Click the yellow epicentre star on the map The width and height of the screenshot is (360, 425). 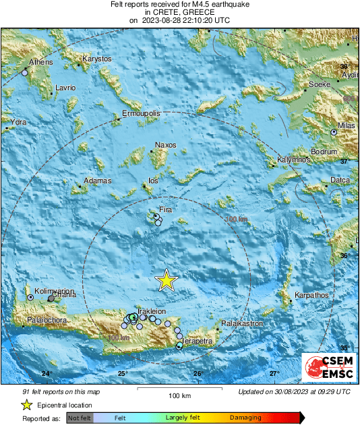[x=166, y=280]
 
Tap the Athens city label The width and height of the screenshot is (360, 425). [x=40, y=63]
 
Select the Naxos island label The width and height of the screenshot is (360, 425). [x=165, y=145]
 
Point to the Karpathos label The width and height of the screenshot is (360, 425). [x=311, y=295]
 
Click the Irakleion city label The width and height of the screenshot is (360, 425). [x=151, y=311]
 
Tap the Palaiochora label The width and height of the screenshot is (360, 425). [x=47, y=320]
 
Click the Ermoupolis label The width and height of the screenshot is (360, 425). [x=141, y=114]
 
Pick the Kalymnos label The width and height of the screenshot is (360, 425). [x=293, y=160]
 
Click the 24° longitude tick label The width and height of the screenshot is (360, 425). [x=47, y=374]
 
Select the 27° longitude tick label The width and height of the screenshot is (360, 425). [x=274, y=374]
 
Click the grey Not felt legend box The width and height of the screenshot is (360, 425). [x=80, y=418]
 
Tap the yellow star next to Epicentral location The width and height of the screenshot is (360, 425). [x=26, y=405]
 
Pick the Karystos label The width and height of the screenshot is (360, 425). [x=96, y=59]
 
